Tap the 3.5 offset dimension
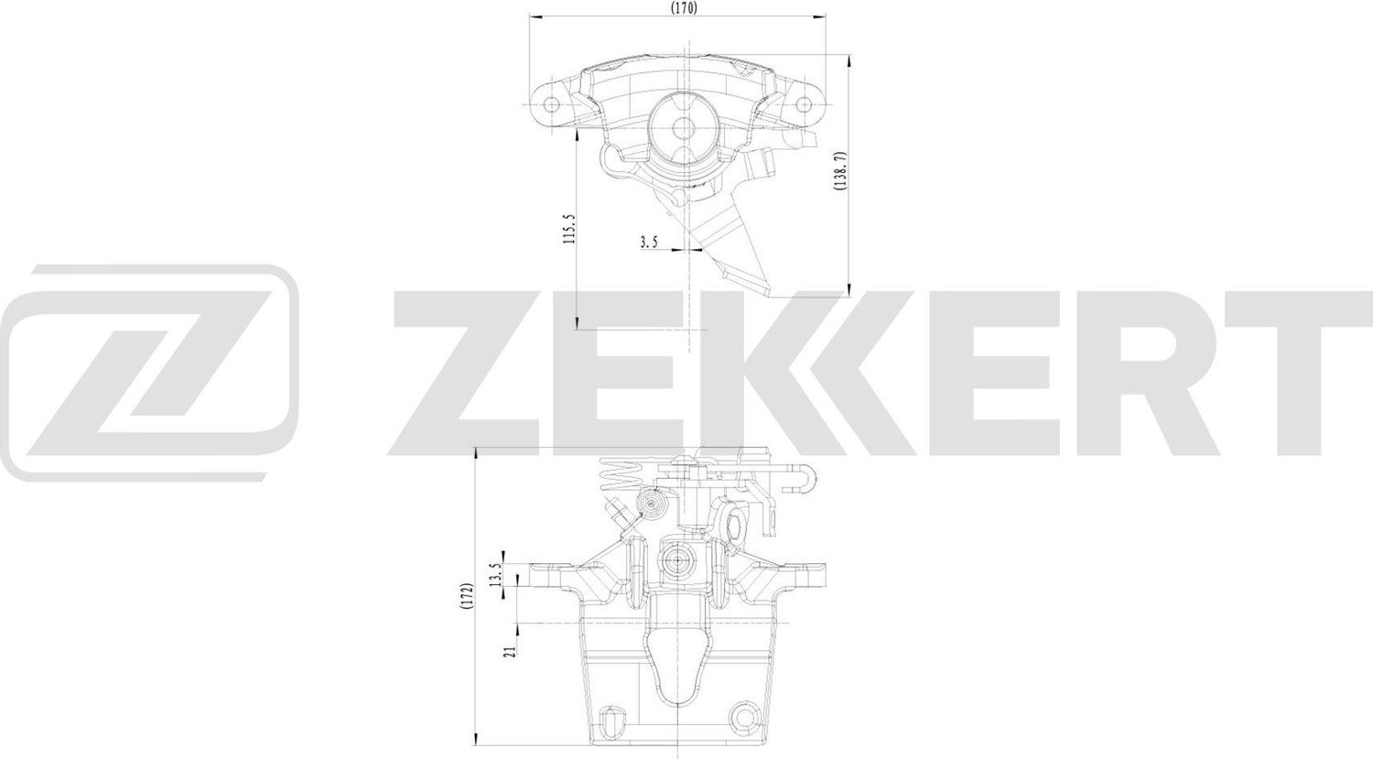(649, 242)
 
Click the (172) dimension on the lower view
(466, 600)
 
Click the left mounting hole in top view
(552, 103)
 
